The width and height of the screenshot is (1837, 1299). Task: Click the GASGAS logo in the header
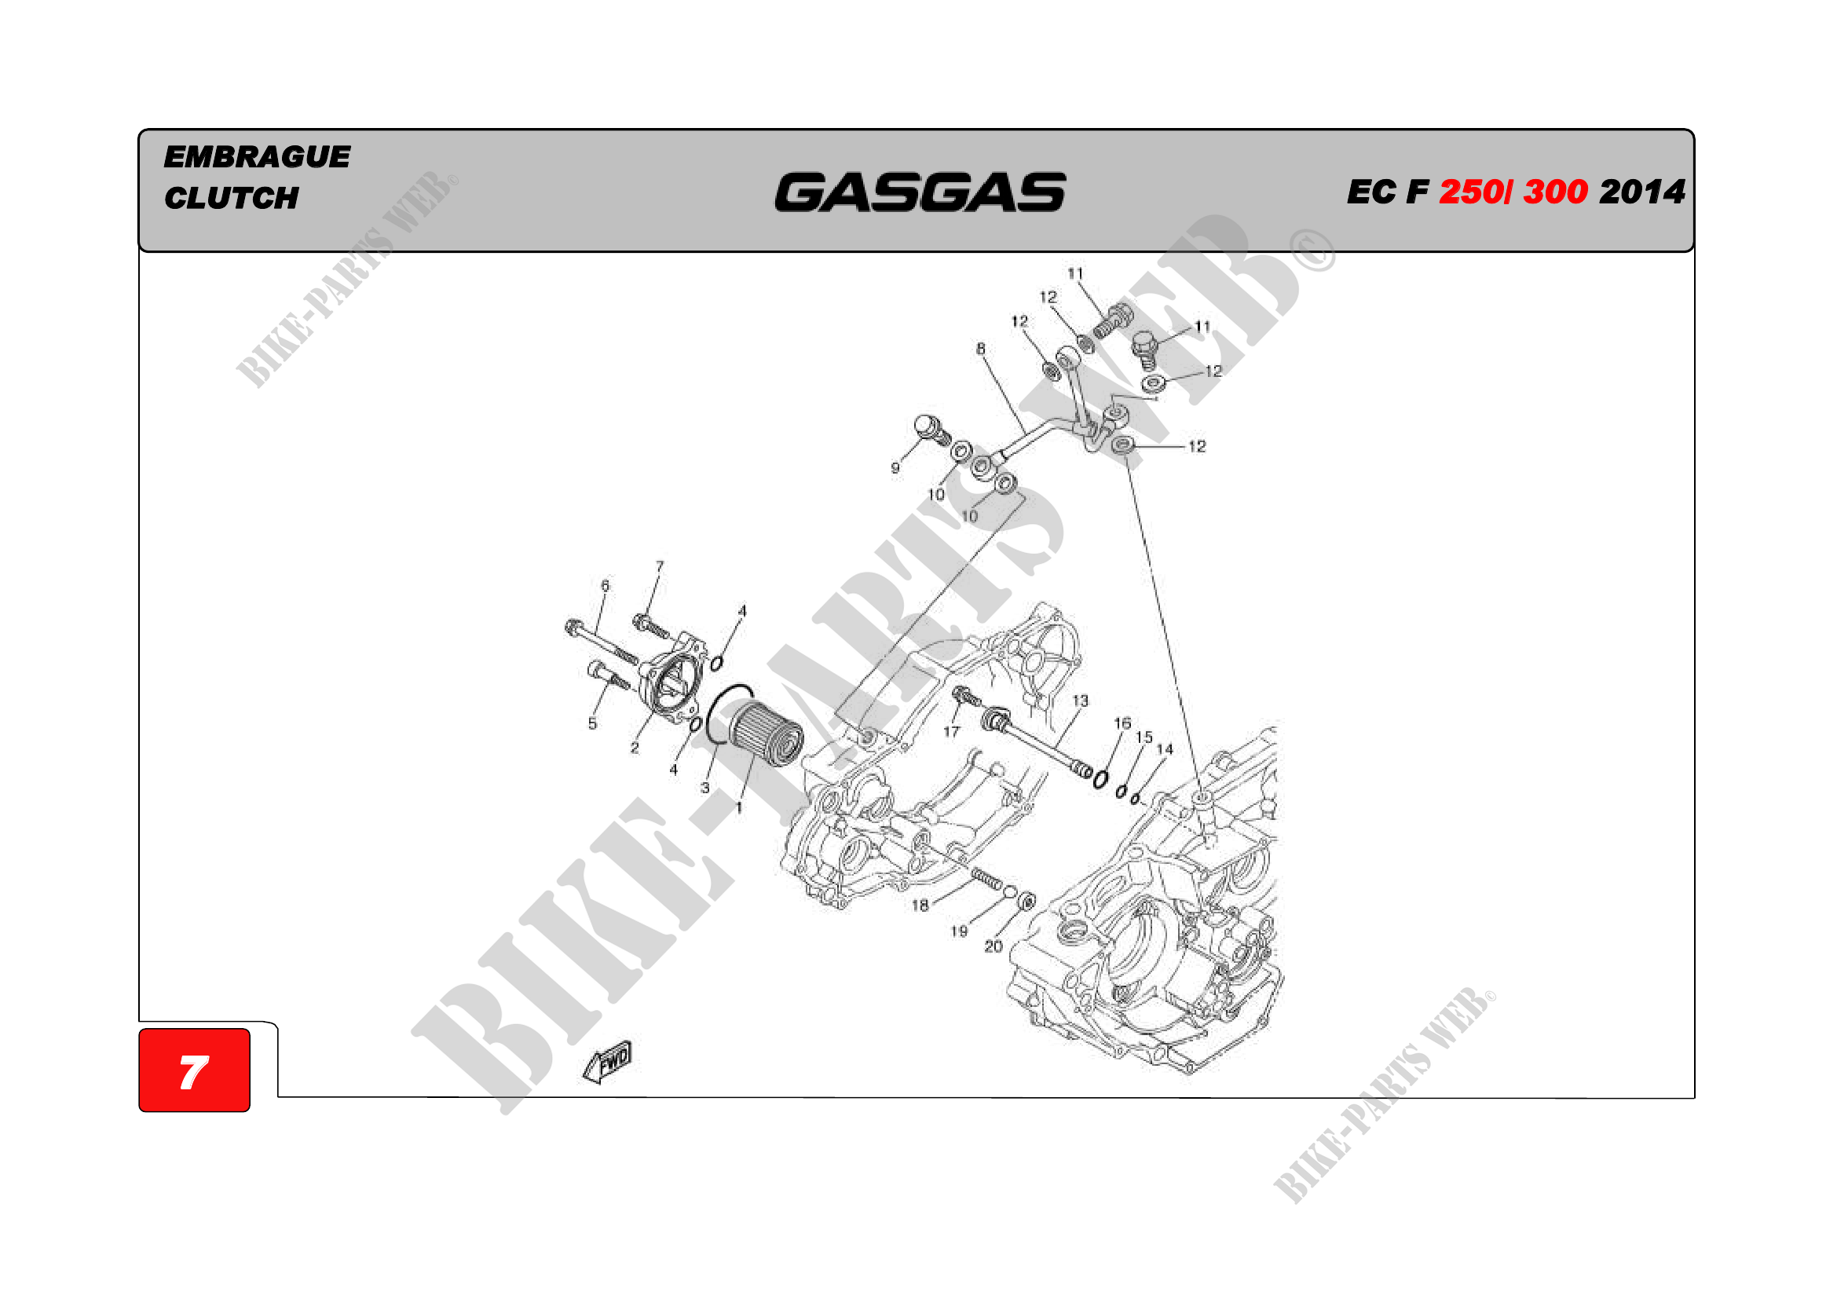click(x=920, y=192)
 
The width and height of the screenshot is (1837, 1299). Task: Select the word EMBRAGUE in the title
click(x=257, y=157)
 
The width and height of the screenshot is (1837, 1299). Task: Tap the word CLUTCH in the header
click(x=231, y=198)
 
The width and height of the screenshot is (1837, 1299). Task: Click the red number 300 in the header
click(x=1554, y=192)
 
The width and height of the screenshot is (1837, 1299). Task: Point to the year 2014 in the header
click(x=1641, y=192)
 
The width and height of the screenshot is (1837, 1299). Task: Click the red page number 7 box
click(x=195, y=1070)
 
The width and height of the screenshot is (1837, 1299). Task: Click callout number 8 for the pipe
click(x=980, y=349)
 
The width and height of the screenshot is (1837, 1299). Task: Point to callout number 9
click(x=895, y=468)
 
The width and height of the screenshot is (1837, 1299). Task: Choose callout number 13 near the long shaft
click(x=1080, y=701)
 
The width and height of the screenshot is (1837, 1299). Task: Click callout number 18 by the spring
click(x=920, y=906)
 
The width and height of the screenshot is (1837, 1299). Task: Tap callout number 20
click(x=993, y=946)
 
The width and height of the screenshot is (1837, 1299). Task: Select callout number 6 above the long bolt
click(x=605, y=586)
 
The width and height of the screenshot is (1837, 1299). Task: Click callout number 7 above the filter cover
click(x=659, y=566)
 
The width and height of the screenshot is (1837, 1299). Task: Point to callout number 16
click(x=1122, y=723)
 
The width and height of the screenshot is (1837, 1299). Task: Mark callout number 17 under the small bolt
click(x=950, y=731)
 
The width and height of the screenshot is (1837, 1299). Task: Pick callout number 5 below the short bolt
click(x=592, y=723)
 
